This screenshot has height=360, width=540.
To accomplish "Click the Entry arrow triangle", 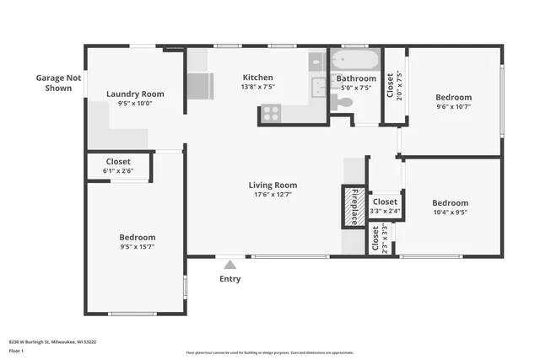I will click(229, 265).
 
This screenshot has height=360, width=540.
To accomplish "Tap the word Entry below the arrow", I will click(229, 279).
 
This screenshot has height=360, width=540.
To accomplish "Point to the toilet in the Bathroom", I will click(342, 102).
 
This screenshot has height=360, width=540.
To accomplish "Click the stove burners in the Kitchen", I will click(271, 113).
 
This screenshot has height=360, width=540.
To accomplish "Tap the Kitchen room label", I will click(257, 77).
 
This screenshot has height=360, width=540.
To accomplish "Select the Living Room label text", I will click(273, 185).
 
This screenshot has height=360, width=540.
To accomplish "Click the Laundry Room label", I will click(135, 94).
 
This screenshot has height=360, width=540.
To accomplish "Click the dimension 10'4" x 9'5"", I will click(450, 213).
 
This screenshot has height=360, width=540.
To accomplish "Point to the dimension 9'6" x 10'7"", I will click(453, 107).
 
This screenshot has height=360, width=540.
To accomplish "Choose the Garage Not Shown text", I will click(58, 82).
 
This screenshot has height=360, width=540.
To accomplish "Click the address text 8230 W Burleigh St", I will click(51, 341).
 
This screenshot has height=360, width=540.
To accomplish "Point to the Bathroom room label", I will click(355, 78).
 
